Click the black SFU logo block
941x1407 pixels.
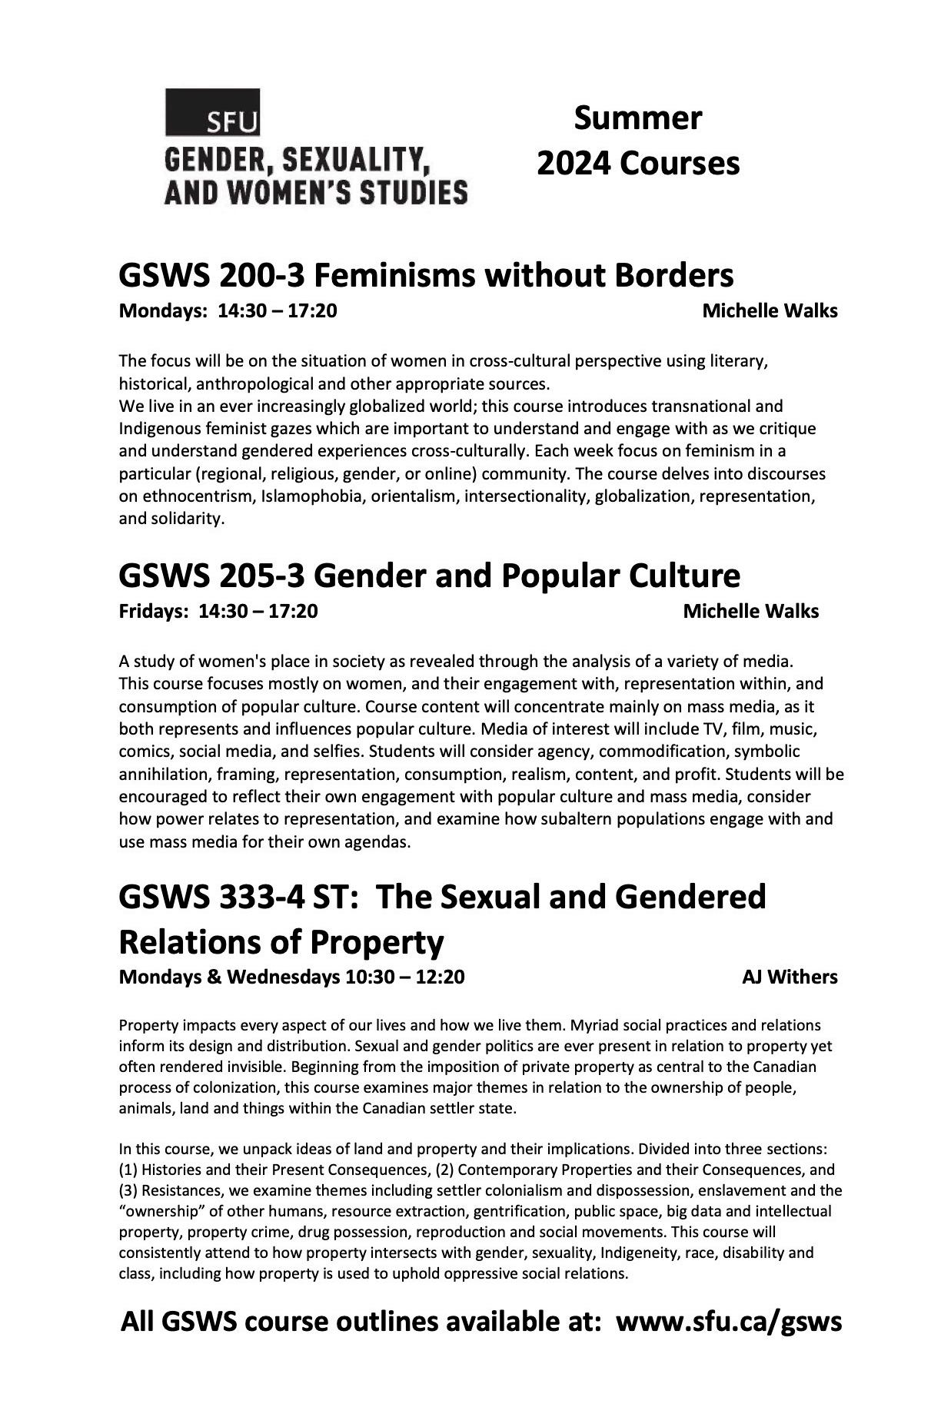212,112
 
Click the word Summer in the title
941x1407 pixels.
637,118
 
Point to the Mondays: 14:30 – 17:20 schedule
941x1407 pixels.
228,311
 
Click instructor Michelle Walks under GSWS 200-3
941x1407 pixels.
770,311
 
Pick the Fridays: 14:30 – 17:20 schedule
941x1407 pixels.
218,611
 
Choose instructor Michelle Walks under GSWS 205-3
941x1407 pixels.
750,611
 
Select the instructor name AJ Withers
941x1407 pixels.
790,977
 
